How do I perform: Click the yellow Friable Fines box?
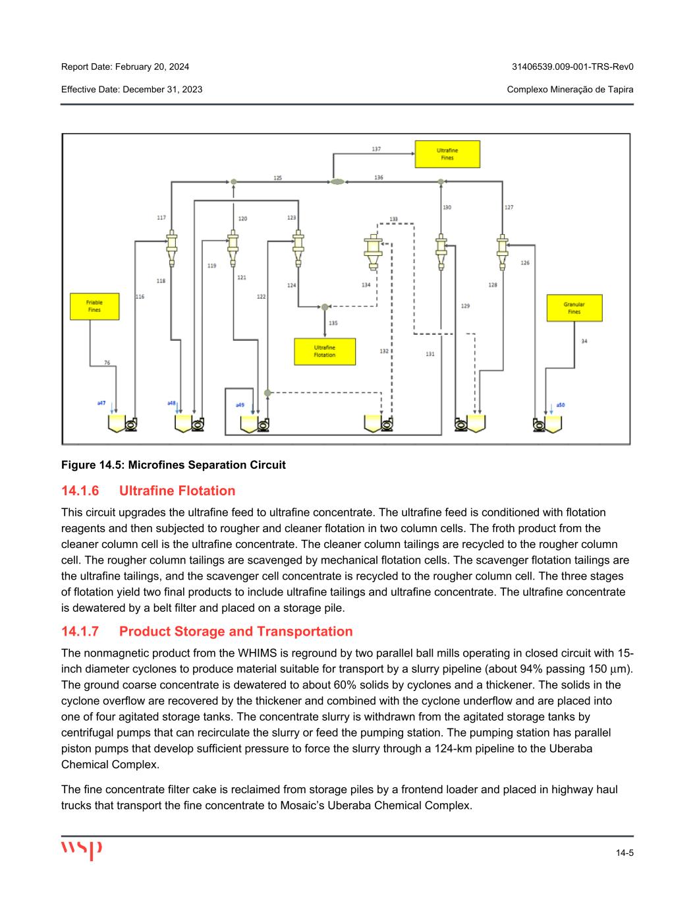94,307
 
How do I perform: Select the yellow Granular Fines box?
574,308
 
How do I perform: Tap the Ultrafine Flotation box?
324,351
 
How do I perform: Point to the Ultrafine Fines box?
447,154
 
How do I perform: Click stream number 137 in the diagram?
376,150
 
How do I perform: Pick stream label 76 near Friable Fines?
107,362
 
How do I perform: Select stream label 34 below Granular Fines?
584,341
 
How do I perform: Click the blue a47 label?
101,402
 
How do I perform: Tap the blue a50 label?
560,404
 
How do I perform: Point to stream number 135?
333,323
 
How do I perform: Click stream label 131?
430,354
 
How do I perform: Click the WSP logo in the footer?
82,850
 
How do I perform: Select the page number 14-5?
625,853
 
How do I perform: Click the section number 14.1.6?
80,491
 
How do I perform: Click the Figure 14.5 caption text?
173,465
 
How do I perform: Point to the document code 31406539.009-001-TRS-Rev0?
572,67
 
